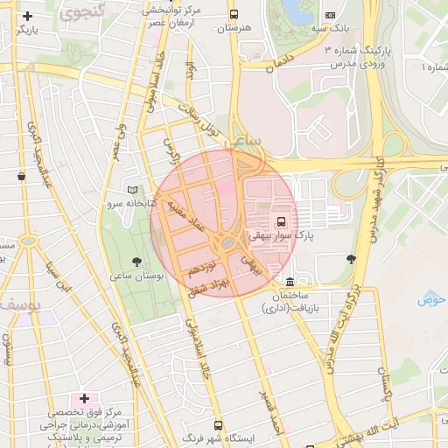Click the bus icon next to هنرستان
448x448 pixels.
(234, 15)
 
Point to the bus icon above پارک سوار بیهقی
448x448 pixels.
(282, 221)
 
